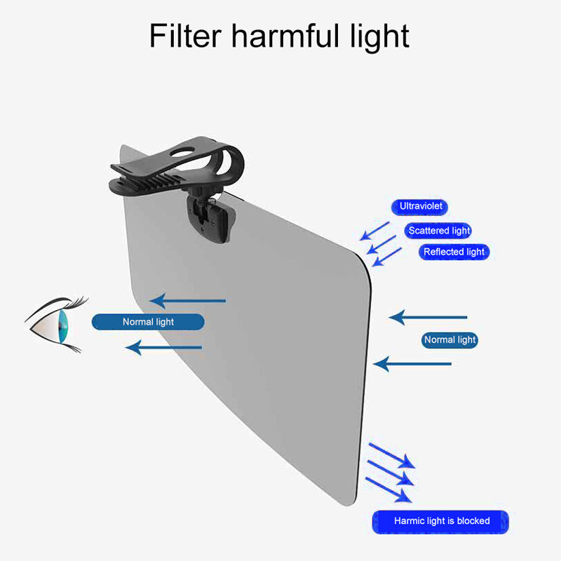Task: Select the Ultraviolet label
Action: coord(419,207)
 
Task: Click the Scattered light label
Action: coord(439,230)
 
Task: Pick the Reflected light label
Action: coord(453,252)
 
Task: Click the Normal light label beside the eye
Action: coord(148,322)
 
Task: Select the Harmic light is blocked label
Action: coord(441,522)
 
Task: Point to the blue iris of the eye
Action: coord(64,324)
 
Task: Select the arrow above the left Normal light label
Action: coord(188,301)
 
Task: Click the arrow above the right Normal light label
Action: coord(428,317)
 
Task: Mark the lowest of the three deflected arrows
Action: coord(389,489)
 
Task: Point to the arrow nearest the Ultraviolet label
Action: coord(375,230)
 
